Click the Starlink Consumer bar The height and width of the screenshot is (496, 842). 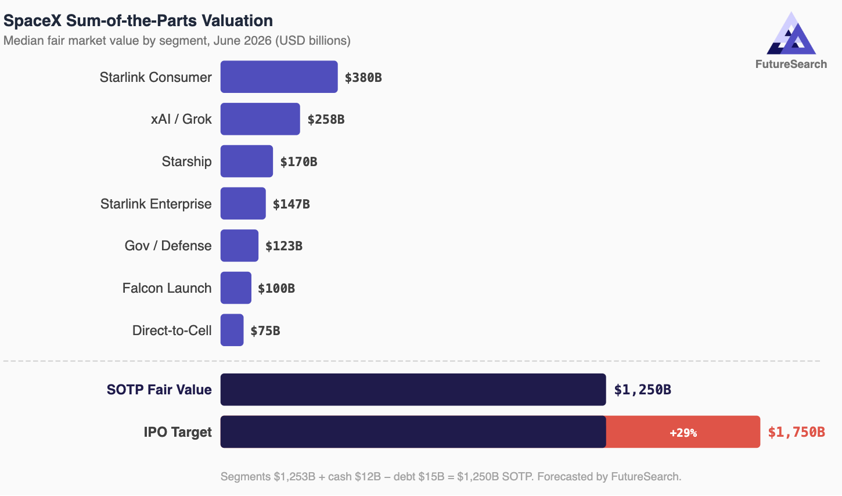pyautogui.click(x=279, y=77)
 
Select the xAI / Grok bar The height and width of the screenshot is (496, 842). pyautogui.click(x=260, y=119)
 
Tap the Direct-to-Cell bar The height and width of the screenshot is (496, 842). pyautogui.click(x=232, y=330)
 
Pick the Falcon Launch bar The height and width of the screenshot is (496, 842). pyautogui.click(x=236, y=287)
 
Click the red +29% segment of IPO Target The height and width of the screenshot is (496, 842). pyautogui.click(x=683, y=432)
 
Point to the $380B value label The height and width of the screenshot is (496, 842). pyautogui.click(x=363, y=77)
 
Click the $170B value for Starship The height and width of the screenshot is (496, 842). pyautogui.click(x=298, y=161)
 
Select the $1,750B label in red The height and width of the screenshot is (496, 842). pyautogui.click(x=796, y=432)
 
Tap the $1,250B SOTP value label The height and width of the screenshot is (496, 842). pyautogui.click(x=642, y=390)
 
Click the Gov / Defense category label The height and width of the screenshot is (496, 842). pyautogui.click(x=168, y=246)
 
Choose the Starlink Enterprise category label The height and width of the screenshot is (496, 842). pyautogui.click(x=156, y=204)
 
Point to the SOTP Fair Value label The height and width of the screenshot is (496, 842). pyautogui.click(x=159, y=390)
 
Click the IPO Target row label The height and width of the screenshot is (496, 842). pyautogui.click(x=178, y=432)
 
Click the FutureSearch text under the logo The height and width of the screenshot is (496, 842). pyautogui.click(x=791, y=64)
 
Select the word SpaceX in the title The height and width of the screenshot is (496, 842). pyautogui.click(x=33, y=21)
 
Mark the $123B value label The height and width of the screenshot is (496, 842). pyautogui.click(x=284, y=246)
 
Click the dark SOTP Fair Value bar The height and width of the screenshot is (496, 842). pyautogui.click(x=413, y=390)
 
